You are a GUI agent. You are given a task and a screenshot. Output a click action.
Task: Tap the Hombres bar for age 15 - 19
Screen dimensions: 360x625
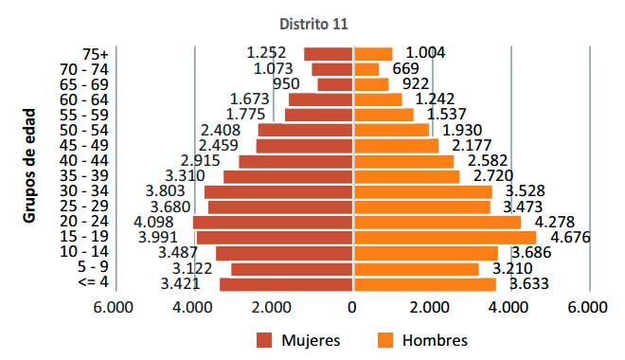(444, 237)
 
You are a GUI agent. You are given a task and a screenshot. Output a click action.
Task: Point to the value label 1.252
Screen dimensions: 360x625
(266, 53)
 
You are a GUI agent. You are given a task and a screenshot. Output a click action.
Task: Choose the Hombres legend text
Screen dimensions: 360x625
(435, 339)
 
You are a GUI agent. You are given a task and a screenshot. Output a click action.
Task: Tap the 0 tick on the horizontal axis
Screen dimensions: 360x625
(352, 307)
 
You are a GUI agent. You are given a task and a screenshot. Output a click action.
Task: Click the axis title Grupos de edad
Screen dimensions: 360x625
(29, 168)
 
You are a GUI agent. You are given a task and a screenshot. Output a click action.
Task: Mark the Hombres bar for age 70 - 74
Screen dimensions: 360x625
(366, 69)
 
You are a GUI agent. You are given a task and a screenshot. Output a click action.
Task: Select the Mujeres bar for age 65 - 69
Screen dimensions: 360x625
(334, 84)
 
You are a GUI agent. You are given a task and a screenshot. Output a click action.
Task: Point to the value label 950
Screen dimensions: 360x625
(286, 84)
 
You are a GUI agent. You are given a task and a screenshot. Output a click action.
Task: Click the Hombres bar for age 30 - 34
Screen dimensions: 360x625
(422, 191)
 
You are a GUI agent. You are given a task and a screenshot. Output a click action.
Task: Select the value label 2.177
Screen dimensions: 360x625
(473, 145)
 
